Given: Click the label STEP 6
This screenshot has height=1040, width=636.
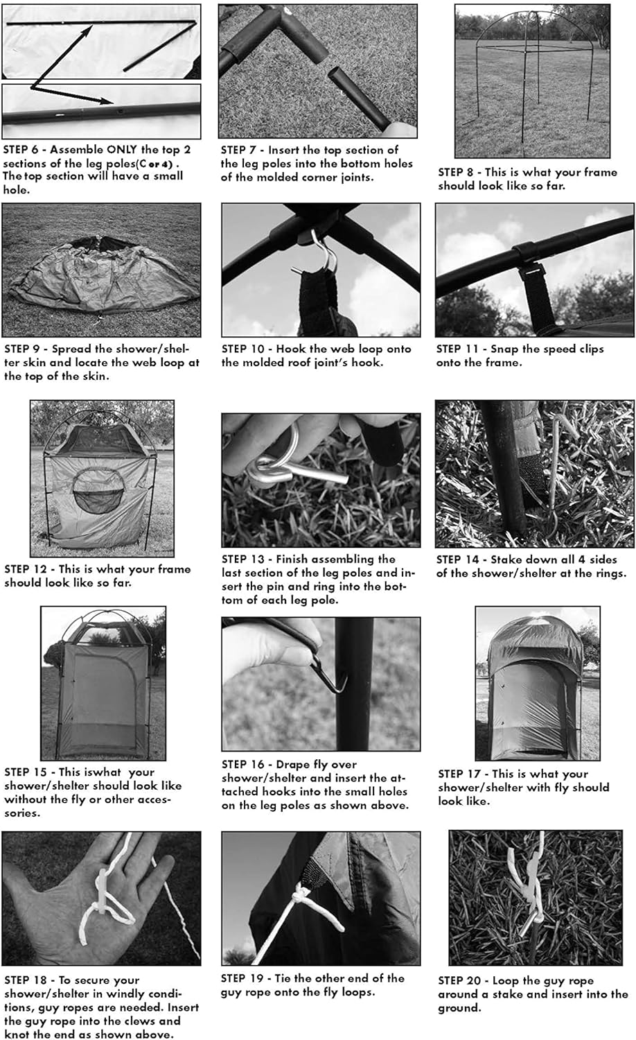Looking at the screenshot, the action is coord(21,150).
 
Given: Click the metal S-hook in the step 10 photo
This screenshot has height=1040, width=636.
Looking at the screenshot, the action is coord(321,253).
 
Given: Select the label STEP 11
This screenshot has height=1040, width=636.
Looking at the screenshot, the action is coord(457,349).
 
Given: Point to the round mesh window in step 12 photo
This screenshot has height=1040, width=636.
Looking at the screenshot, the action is coord(99,490).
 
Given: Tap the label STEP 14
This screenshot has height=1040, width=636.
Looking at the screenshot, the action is coord(457,560).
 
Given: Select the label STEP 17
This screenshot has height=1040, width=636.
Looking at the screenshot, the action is coord(459,774).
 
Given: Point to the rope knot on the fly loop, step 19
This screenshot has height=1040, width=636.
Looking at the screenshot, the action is coord(301,892).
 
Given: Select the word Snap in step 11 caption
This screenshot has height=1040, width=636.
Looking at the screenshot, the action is coord(503,349).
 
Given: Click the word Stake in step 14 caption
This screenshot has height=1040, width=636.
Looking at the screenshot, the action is coord(506,560).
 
